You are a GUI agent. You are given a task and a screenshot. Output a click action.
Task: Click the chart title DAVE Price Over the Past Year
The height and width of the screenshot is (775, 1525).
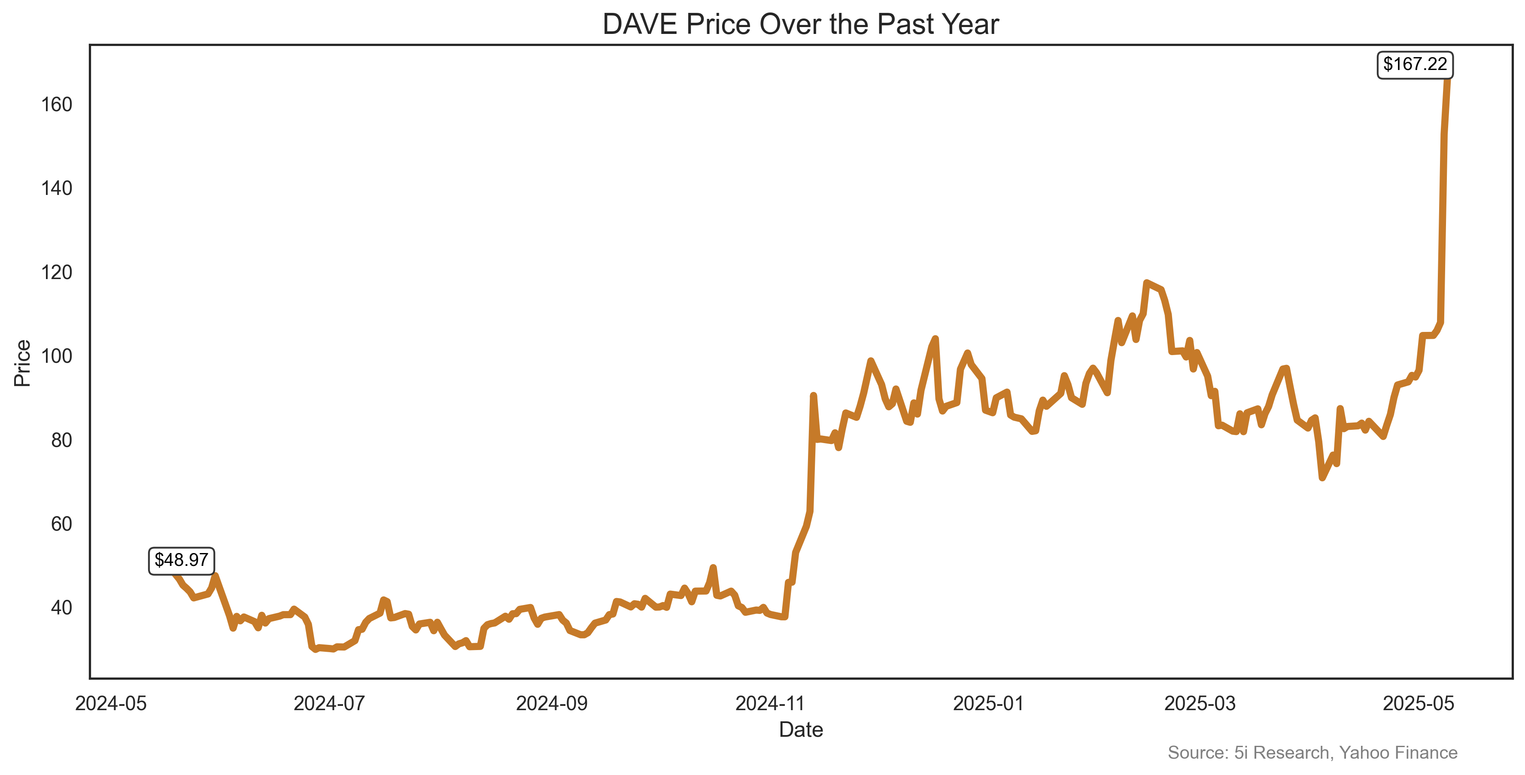pos(800,25)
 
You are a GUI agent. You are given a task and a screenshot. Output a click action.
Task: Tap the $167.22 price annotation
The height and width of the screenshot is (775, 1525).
pos(1415,64)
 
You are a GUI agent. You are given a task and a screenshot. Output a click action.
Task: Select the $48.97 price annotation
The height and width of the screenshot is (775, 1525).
pos(181,560)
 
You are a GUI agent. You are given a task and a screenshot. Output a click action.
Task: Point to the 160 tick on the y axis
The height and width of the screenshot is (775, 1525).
pos(57,105)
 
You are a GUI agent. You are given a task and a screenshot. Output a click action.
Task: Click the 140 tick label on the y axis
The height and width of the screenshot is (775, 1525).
pos(57,188)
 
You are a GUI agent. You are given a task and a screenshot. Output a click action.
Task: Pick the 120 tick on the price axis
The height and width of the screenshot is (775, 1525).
pos(57,272)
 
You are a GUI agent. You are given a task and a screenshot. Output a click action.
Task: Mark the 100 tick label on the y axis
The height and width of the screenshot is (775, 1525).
pos(57,356)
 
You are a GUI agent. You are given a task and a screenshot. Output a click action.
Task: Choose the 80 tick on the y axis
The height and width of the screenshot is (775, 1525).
pos(61,441)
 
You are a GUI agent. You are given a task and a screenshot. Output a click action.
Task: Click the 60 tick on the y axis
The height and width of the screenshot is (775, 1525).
pos(61,524)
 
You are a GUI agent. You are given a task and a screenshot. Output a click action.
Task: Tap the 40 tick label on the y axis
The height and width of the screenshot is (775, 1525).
pos(61,608)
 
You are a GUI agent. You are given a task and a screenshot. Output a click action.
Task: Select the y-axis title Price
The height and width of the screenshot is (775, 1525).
pos(22,363)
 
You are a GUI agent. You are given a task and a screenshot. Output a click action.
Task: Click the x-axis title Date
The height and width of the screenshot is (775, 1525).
pos(800,730)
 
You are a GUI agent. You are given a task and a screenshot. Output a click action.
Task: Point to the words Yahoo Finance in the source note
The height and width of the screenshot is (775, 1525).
pos(1398,753)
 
